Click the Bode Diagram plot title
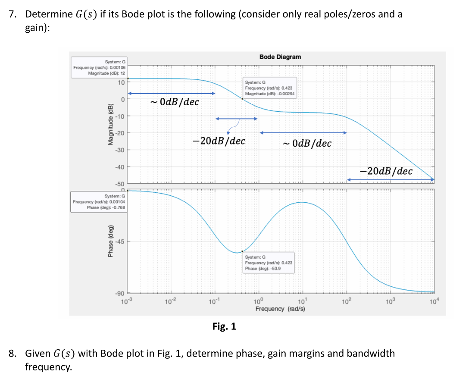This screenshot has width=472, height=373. click(x=280, y=57)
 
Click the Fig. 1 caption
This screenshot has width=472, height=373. click(x=224, y=326)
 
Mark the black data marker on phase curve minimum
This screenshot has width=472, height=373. click(x=243, y=251)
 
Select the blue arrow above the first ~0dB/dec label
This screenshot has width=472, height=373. click(x=171, y=94)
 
